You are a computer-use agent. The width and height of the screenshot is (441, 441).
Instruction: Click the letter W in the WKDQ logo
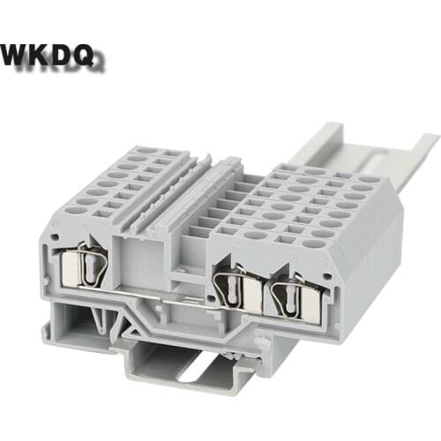19,54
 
